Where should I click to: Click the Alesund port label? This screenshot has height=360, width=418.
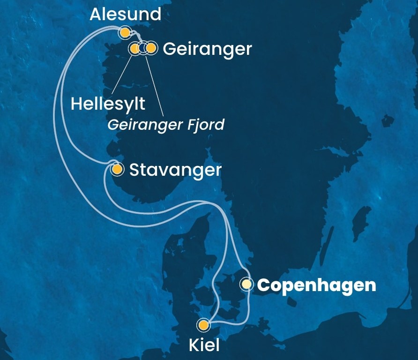[125, 14]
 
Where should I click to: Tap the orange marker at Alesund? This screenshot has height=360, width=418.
[125, 32]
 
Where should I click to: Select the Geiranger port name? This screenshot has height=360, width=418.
[208, 49]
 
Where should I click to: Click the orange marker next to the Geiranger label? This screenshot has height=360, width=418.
[150, 48]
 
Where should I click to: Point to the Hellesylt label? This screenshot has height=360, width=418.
[108, 104]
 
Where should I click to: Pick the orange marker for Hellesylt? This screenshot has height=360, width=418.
[134, 48]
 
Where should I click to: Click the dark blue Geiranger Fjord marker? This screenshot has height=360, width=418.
[142, 48]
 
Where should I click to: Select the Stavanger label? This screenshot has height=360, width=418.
[175, 170]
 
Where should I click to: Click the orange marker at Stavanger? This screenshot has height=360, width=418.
[117, 169]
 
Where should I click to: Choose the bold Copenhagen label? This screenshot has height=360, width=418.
[317, 285]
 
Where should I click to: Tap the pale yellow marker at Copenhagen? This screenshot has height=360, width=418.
[246, 284]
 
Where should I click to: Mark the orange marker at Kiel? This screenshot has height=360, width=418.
[203, 325]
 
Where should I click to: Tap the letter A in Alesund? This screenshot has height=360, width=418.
[96, 15]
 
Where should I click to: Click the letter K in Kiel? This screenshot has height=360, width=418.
[193, 346]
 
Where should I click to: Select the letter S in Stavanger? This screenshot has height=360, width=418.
[134, 170]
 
